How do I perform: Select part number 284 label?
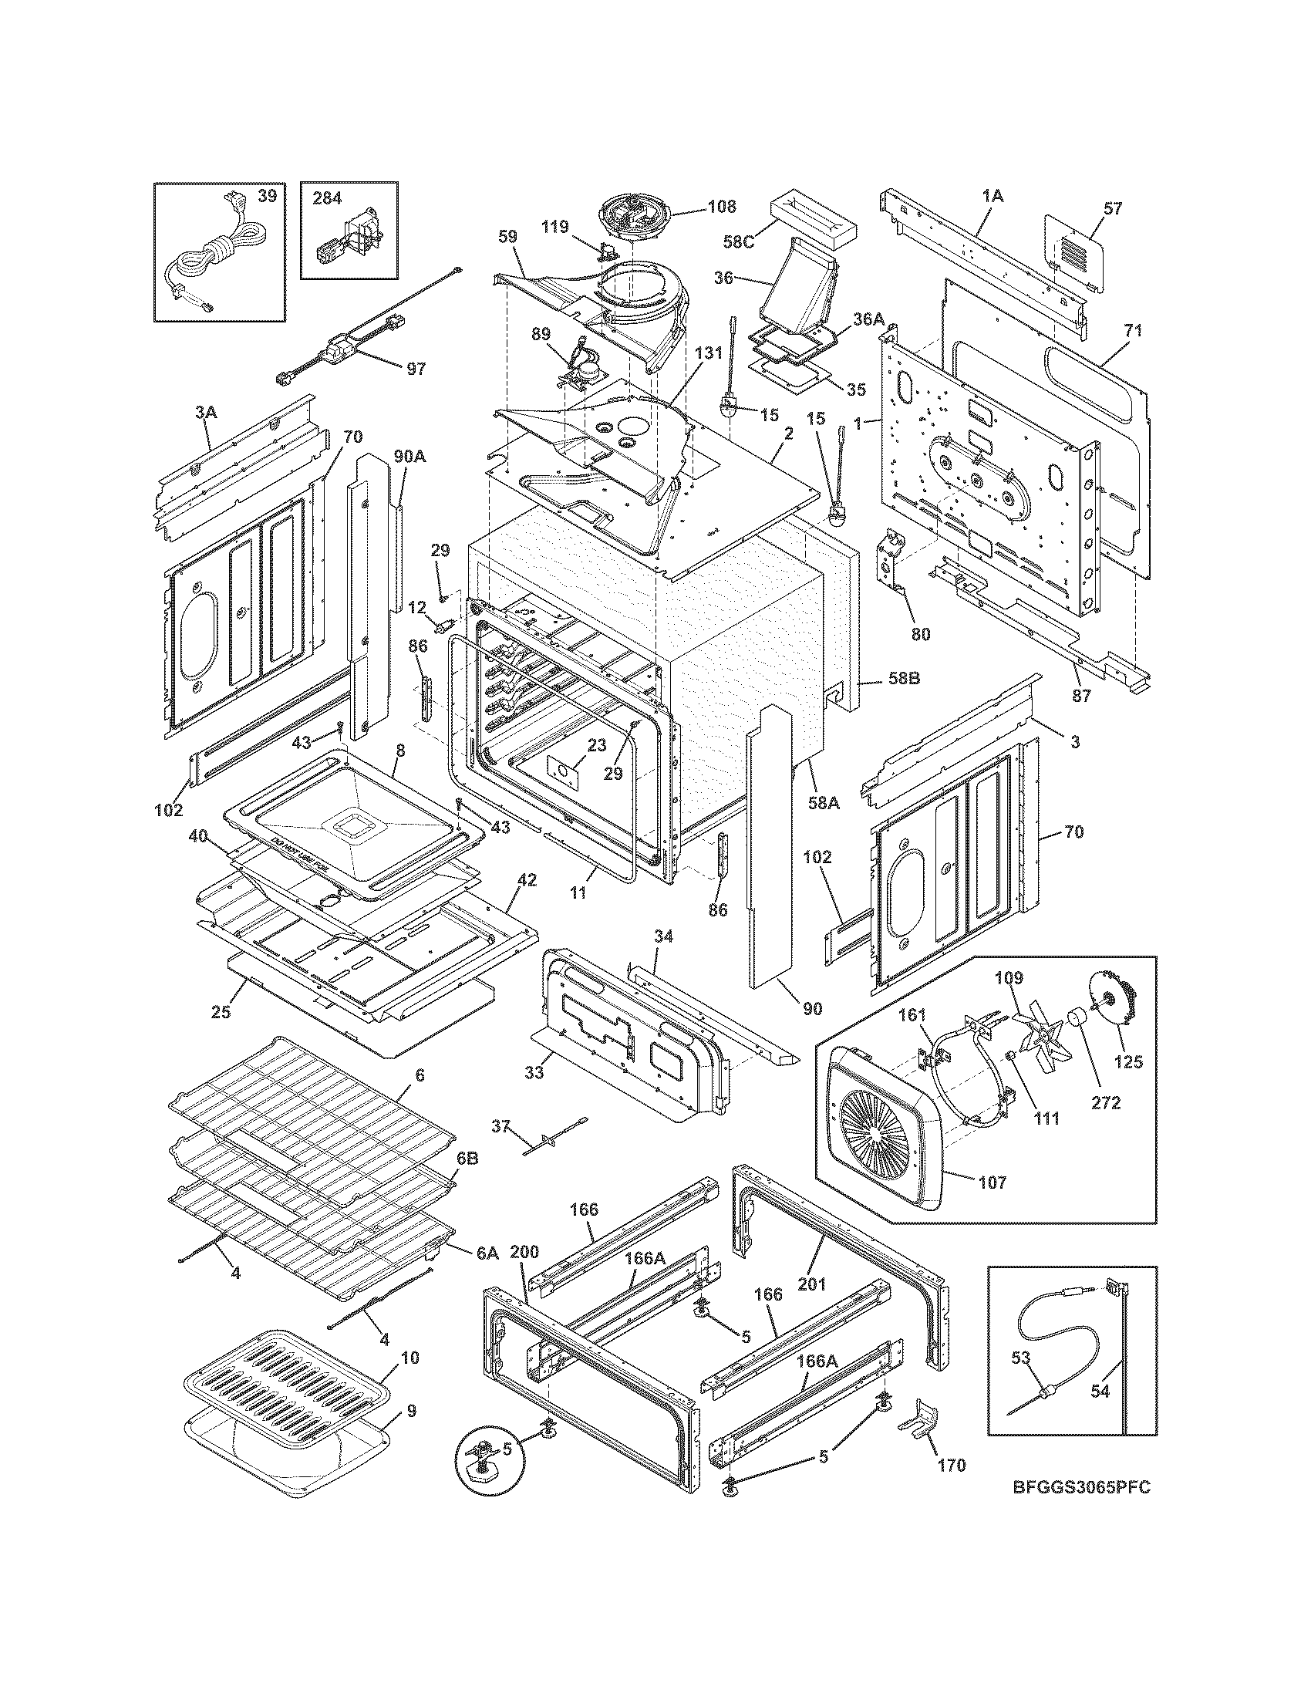point(327,197)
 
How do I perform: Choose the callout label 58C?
point(739,241)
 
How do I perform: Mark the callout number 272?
point(1105,1102)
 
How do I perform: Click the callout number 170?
point(952,1465)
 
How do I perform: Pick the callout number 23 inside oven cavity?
point(595,745)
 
